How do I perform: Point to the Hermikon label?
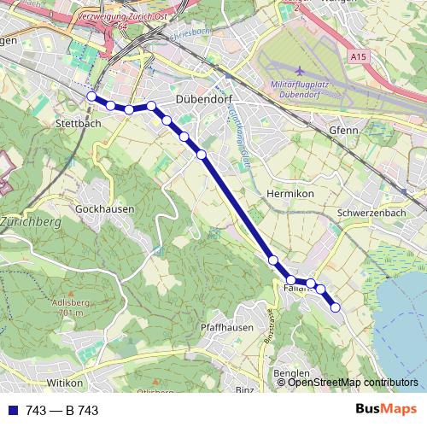(290, 194)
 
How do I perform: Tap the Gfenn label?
(342, 130)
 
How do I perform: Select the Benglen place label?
(291, 374)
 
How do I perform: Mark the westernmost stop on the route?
(91, 97)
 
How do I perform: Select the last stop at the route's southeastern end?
(336, 307)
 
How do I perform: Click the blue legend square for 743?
(13, 410)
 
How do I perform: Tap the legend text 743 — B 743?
(61, 410)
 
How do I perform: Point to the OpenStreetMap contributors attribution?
(353, 383)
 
